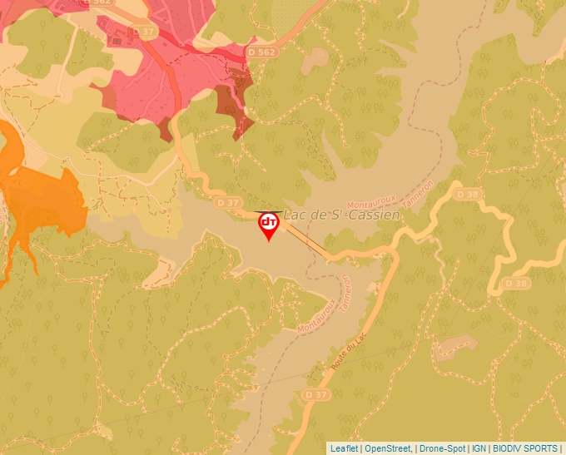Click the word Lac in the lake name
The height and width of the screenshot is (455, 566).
[x=300, y=215]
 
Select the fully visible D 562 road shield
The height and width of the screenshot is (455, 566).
[x=261, y=52]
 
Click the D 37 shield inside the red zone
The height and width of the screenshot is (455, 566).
[x=144, y=32]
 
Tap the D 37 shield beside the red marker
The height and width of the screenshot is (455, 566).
[x=227, y=202]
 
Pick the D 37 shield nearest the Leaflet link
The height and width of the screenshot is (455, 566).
[x=316, y=393]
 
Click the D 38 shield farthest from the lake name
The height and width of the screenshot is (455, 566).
[x=517, y=284]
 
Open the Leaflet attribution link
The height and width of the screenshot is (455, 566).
[x=345, y=448]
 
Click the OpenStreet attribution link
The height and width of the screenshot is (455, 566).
[x=388, y=448]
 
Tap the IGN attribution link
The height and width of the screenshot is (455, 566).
[x=479, y=448]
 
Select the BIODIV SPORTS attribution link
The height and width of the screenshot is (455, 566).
[x=525, y=448]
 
